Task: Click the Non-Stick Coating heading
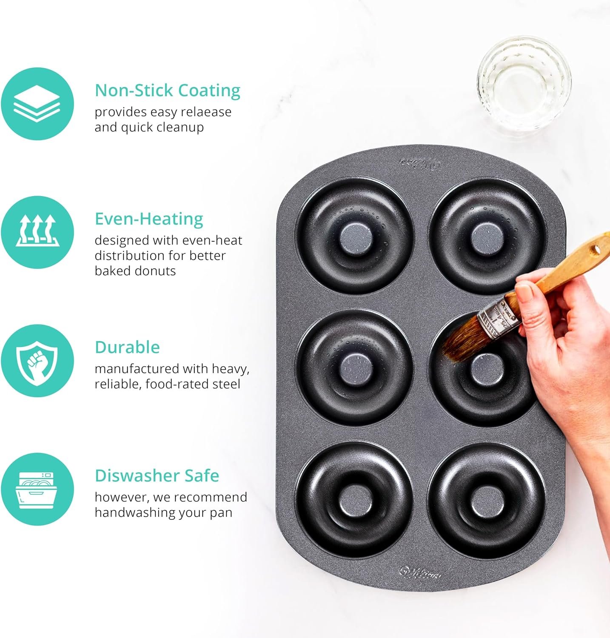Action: click(x=167, y=91)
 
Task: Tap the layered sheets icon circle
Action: click(x=37, y=104)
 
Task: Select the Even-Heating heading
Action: click(x=149, y=219)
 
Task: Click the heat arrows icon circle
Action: click(x=37, y=232)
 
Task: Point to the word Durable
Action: click(x=127, y=347)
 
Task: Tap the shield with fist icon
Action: click(x=37, y=361)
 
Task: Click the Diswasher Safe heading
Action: click(x=157, y=476)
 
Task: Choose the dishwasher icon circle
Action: click(x=37, y=489)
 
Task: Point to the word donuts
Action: click(x=155, y=271)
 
